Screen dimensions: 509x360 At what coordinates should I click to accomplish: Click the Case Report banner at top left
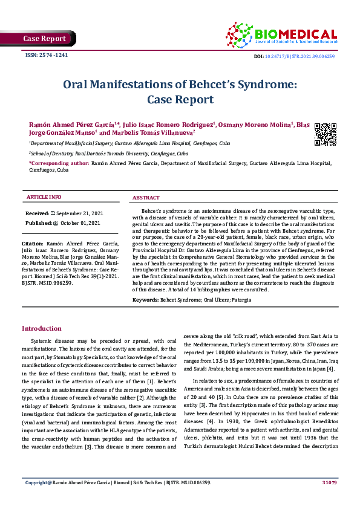click(x=44, y=39)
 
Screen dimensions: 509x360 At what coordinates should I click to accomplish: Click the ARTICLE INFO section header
click(x=44, y=198)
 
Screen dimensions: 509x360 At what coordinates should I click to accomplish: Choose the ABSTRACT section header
click(x=146, y=198)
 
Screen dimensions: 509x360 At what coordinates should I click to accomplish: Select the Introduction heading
click(x=42, y=328)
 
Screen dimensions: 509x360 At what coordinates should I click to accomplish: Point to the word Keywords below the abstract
click(x=145, y=300)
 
